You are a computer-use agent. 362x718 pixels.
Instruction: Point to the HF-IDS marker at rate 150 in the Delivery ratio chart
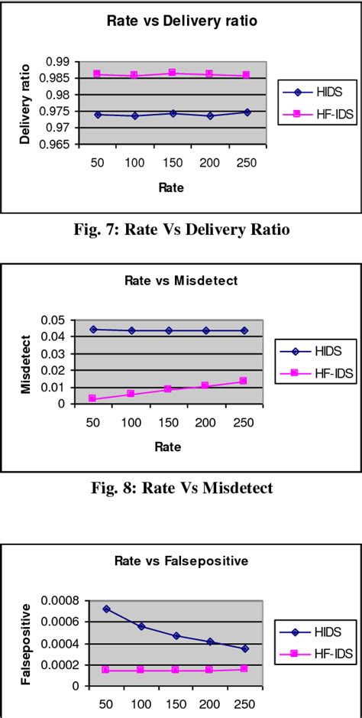click(x=173, y=73)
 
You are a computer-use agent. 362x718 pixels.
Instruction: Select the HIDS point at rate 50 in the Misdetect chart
click(x=93, y=329)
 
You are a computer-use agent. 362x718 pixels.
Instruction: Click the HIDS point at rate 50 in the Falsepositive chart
click(x=106, y=588)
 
